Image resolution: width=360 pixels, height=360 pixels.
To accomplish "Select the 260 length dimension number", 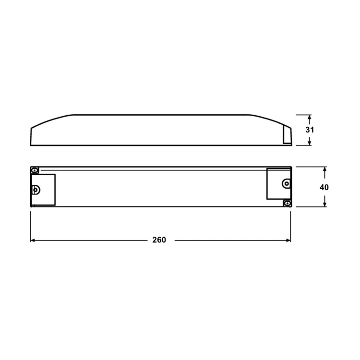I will coord(159,240).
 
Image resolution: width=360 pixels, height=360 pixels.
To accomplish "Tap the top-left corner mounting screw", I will coord(35,170).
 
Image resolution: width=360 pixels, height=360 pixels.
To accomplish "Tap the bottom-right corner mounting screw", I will coord(287,203).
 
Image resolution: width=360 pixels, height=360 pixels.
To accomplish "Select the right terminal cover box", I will coord(278,183).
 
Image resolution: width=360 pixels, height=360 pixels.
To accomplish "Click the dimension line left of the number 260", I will coord(91,240).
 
